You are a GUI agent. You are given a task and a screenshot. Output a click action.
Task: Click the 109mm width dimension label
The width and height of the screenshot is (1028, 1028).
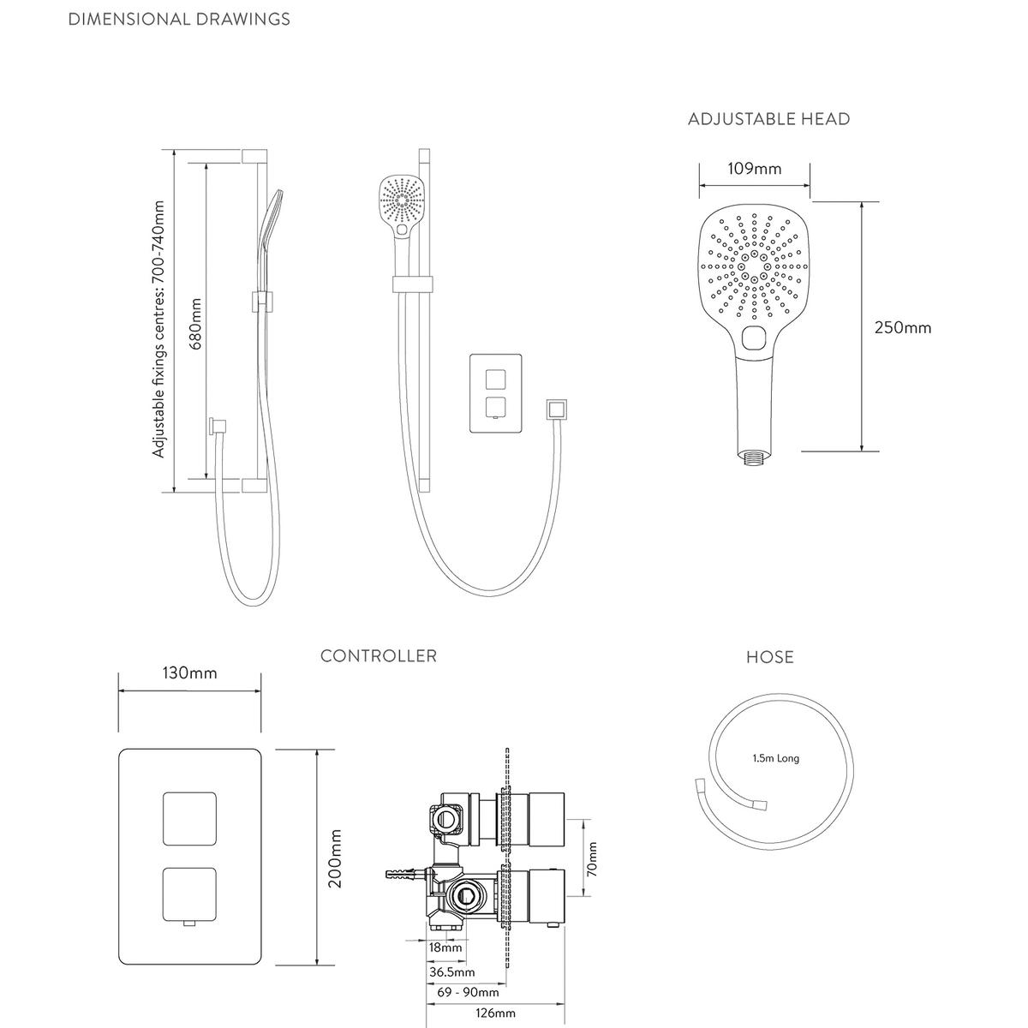click(x=755, y=169)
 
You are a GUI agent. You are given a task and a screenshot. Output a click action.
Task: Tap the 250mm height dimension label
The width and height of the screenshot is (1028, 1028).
click(x=903, y=327)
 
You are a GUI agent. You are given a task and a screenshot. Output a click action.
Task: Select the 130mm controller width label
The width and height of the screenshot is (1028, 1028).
click(x=189, y=672)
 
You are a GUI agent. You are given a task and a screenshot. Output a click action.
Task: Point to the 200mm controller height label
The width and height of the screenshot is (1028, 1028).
click(x=335, y=858)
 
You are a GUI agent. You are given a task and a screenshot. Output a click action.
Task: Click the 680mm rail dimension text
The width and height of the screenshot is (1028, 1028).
click(x=196, y=324)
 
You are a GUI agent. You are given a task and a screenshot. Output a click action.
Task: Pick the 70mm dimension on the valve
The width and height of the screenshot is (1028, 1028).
click(x=592, y=859)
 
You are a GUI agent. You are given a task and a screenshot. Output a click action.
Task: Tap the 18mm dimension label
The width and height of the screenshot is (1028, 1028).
click(x=445, y=947)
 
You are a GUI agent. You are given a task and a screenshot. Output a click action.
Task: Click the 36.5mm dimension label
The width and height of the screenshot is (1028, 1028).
click(x=451, y=972)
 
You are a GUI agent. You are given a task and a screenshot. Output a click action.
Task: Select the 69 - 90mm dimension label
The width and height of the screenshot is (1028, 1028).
click(x=468, y=992)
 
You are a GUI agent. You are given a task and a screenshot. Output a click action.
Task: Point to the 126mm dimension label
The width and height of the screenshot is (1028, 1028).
click(x=496, y=1013)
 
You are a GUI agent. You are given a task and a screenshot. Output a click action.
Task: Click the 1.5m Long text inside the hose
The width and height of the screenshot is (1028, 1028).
click(x=775, y=758)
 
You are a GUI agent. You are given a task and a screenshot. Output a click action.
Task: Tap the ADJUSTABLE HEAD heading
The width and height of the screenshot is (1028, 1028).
click(x=768, y=118)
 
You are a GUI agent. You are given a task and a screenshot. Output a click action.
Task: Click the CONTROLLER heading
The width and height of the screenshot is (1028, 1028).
click(x=379, y=655)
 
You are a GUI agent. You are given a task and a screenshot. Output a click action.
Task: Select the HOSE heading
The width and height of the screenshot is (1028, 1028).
click(x=770, y=657)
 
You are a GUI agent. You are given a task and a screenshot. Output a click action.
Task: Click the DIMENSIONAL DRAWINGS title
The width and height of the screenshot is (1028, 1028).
click(x=179, y=19)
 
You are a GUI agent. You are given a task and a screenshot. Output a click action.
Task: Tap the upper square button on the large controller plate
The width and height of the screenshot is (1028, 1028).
click(x=189, y=818)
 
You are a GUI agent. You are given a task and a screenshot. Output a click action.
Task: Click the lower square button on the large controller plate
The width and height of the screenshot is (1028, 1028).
click(x=189, y=895)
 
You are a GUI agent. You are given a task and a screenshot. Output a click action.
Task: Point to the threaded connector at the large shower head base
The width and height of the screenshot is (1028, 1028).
click(x=754, y=458)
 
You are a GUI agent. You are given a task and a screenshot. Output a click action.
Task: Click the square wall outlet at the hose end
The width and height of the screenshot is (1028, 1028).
click(x=556, y=409)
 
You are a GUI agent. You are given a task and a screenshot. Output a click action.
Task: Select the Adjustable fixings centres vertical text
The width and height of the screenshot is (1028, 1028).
click(x=158, y=329)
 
